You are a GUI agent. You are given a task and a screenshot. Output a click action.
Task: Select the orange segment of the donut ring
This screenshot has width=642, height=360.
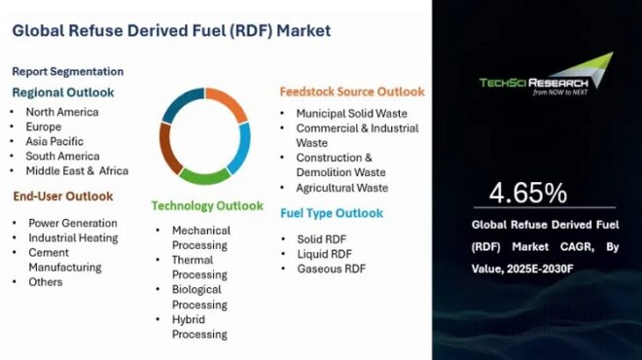point(228,104)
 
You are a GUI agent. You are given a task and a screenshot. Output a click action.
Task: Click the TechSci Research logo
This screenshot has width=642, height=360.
point(546,77)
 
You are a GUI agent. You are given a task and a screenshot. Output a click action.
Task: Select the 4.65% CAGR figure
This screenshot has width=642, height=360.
point(528,193)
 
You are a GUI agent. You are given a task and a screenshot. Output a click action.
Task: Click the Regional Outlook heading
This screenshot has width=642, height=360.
point(63,92)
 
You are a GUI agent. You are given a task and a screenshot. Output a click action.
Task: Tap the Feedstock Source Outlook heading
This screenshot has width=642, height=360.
point(352,91)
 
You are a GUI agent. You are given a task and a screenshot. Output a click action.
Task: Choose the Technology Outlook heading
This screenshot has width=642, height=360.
point(206,206)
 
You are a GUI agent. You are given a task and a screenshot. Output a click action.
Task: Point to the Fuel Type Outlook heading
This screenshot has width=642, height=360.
point(332,213)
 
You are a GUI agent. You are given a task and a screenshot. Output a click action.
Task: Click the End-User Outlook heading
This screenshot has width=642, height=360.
point(62,196)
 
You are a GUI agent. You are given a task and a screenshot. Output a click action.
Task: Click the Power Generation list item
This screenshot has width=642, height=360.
point(72,223)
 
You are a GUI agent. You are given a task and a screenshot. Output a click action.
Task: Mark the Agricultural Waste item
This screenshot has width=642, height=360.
point(341,188)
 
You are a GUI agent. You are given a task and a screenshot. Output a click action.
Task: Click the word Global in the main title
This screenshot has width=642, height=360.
point(38,30)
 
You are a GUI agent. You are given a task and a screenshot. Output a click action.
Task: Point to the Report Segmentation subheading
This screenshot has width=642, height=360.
point(67,71)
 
